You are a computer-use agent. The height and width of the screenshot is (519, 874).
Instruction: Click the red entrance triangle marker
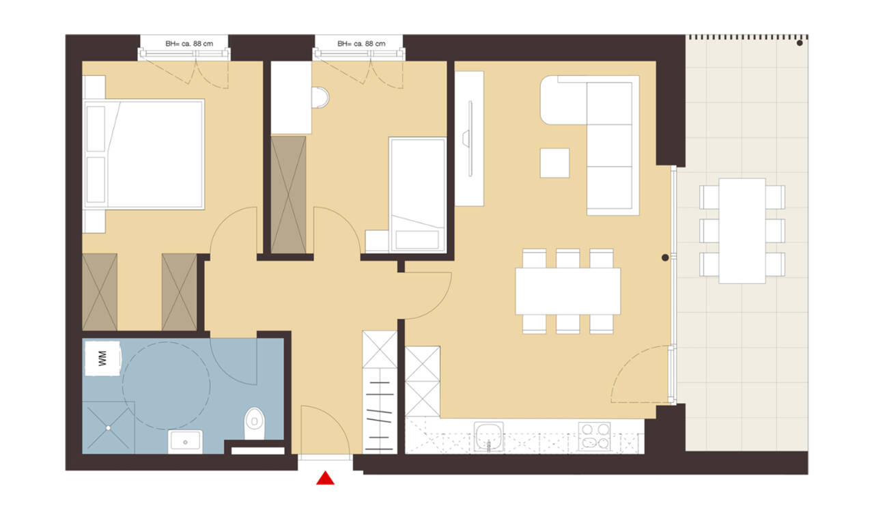point(325,479)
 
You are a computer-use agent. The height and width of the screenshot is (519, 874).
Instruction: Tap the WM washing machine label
point(102,359)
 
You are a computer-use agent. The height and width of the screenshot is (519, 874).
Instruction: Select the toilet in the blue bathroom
point(255,423)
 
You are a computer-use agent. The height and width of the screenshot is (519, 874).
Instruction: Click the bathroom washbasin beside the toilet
point(185,441)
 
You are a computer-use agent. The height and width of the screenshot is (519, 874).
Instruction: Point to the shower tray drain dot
point(108,428)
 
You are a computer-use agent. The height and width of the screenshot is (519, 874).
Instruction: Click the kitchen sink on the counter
point(488,436)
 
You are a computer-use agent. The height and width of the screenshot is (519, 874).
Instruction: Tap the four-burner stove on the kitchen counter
point(594,436)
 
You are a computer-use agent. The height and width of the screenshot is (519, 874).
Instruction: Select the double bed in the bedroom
point(143,154)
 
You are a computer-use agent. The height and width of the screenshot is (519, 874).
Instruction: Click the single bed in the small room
point(417,195)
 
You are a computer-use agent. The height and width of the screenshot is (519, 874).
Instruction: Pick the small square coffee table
point(554,163)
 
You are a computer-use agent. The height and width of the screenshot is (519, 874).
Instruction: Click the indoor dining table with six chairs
point(567,291)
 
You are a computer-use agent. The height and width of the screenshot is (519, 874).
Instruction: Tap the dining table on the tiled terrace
point(742,231)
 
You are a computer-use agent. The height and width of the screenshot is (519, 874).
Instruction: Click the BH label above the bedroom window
point(189,44)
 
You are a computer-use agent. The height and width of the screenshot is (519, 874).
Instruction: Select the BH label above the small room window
point(361,44)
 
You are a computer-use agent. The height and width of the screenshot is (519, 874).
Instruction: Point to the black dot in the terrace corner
point(800,43)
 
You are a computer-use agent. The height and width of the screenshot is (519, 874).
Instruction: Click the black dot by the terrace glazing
point(665,257)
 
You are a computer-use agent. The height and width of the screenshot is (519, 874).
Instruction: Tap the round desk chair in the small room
point(320,97)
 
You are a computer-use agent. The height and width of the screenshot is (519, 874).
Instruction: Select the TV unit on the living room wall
point(469,139)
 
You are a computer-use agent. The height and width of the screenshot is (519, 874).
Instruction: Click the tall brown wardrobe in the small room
point(288,195)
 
